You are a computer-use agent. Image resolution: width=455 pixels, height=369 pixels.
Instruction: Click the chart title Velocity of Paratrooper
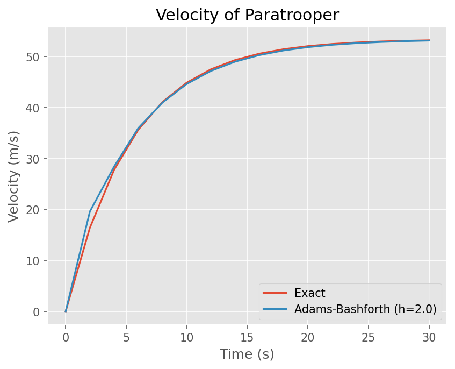(x=247, y=15)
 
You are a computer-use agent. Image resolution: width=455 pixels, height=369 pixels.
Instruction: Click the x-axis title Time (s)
(x=247, y=354)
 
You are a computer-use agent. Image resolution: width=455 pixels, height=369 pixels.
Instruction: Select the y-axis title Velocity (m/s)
(x=14, y=176)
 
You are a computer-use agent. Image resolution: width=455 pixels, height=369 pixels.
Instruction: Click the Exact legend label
(x=310, y=293)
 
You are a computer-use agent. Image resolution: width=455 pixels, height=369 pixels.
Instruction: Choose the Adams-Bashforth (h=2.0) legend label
(x=365, y=309)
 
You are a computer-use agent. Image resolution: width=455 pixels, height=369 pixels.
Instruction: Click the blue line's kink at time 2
(x=90, y=211)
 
